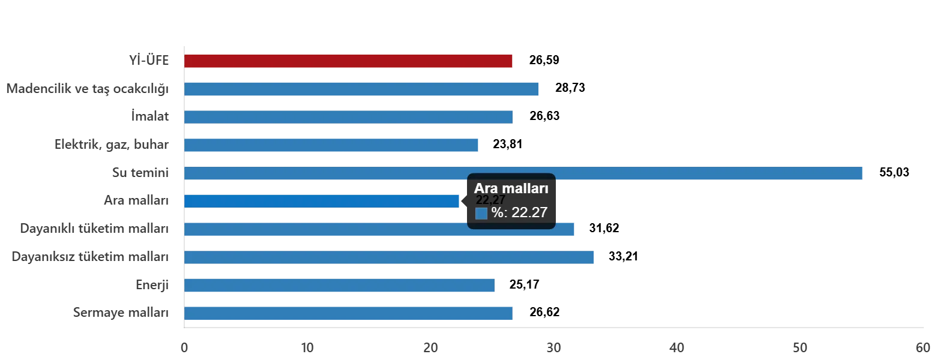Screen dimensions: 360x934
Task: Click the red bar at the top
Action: coord(348,62)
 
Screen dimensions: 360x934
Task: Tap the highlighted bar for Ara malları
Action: coord(322,201)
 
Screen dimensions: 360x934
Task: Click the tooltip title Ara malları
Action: coord(511,189)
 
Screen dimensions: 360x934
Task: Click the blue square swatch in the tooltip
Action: coord(481,213)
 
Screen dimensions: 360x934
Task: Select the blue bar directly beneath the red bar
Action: coord(363,89)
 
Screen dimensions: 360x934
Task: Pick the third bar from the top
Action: coord(348,117)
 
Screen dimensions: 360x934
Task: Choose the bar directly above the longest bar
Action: coord(331,145)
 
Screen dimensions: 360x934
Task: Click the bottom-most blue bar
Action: coord(348,313)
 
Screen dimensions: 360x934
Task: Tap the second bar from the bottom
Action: coord(339,285)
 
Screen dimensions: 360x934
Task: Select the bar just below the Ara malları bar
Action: coord(379,229)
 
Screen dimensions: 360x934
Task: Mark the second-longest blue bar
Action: coord(389,257)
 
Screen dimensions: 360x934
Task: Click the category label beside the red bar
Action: coord(149,61)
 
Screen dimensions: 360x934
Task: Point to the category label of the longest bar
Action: coord(142,172)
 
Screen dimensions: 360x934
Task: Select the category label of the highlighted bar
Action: coord(134,200)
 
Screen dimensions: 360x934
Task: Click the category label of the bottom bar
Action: coord(119,312)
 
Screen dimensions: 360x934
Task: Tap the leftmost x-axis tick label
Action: coord(184,347)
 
